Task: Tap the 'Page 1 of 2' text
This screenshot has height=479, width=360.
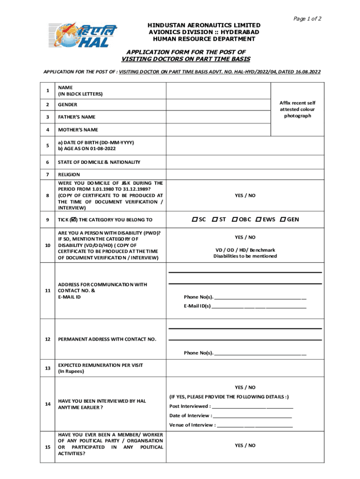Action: coord(307,18)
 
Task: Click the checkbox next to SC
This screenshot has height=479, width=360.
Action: coord(194,219)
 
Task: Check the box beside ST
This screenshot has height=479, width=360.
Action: coord(214,219)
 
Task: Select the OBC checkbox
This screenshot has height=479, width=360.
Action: coord(235,219)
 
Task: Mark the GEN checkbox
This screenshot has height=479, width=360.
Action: coord(282,219)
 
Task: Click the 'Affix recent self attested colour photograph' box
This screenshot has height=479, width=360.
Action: coord(297,109)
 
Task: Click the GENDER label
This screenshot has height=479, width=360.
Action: coord(67,105)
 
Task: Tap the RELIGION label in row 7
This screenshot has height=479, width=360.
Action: coord(69,174)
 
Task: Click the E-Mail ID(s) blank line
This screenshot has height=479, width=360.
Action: coord(259,306)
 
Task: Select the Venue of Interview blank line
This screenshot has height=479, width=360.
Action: coord(255,425)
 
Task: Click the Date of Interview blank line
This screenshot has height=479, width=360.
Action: coord(252,415)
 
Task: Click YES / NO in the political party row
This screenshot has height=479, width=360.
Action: coord(245,445)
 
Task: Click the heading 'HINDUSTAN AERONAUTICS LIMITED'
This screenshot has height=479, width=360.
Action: coord(204,25)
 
